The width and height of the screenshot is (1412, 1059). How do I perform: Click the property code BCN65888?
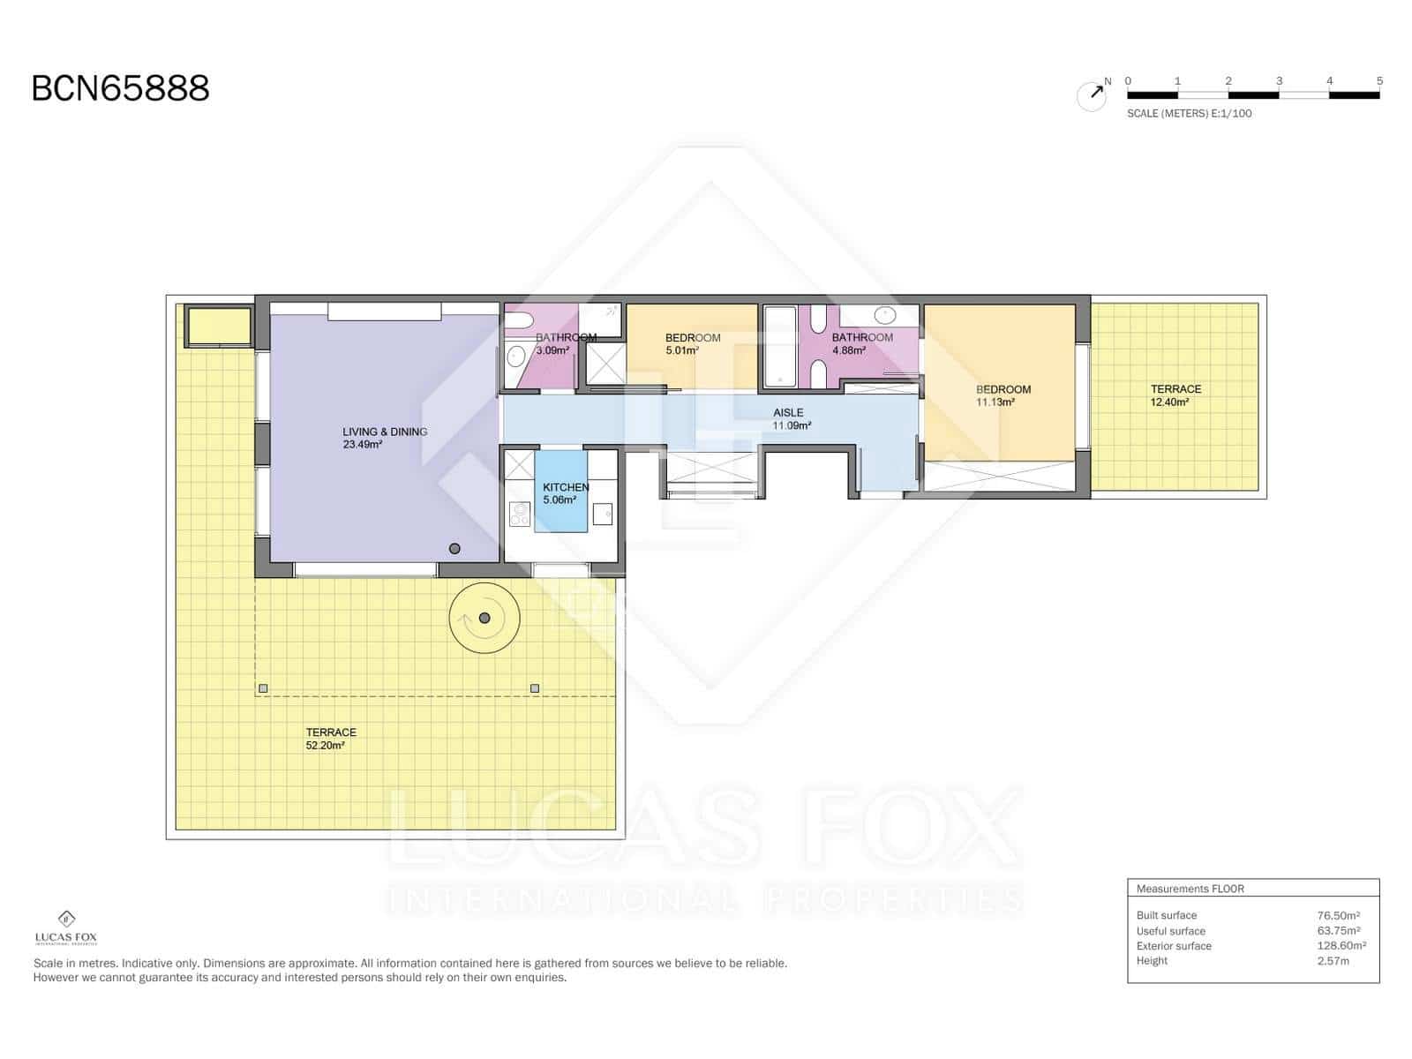121,88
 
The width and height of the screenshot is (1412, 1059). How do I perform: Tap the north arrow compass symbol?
1093,94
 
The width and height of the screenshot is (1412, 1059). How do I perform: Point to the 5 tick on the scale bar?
1379,81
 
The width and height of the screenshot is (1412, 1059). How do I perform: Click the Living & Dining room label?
385,432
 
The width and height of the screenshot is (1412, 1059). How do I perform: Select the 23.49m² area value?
362,445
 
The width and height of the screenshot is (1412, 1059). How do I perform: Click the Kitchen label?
566,487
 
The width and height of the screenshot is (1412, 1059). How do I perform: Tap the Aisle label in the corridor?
788,412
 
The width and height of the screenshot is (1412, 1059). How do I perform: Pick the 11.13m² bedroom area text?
995,402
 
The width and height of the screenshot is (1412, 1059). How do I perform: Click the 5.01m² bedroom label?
682,350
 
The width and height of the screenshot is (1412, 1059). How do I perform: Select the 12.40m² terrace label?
1169,402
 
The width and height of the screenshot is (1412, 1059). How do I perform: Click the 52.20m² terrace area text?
325,746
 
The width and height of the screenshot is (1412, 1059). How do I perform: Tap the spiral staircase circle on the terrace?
484,619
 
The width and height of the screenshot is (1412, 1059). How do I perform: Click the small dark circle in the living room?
454,549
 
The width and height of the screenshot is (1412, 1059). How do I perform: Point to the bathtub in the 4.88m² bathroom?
779,347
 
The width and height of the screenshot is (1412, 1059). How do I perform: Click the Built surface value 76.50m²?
1338,916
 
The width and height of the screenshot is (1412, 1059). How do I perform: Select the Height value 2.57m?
1333,961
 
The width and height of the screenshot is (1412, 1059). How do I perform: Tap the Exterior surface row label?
1174,946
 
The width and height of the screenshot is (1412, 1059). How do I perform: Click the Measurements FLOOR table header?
1190,889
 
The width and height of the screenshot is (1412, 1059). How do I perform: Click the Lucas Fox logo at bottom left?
66,927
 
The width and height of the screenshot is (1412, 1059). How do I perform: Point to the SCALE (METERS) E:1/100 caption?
1189,114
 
